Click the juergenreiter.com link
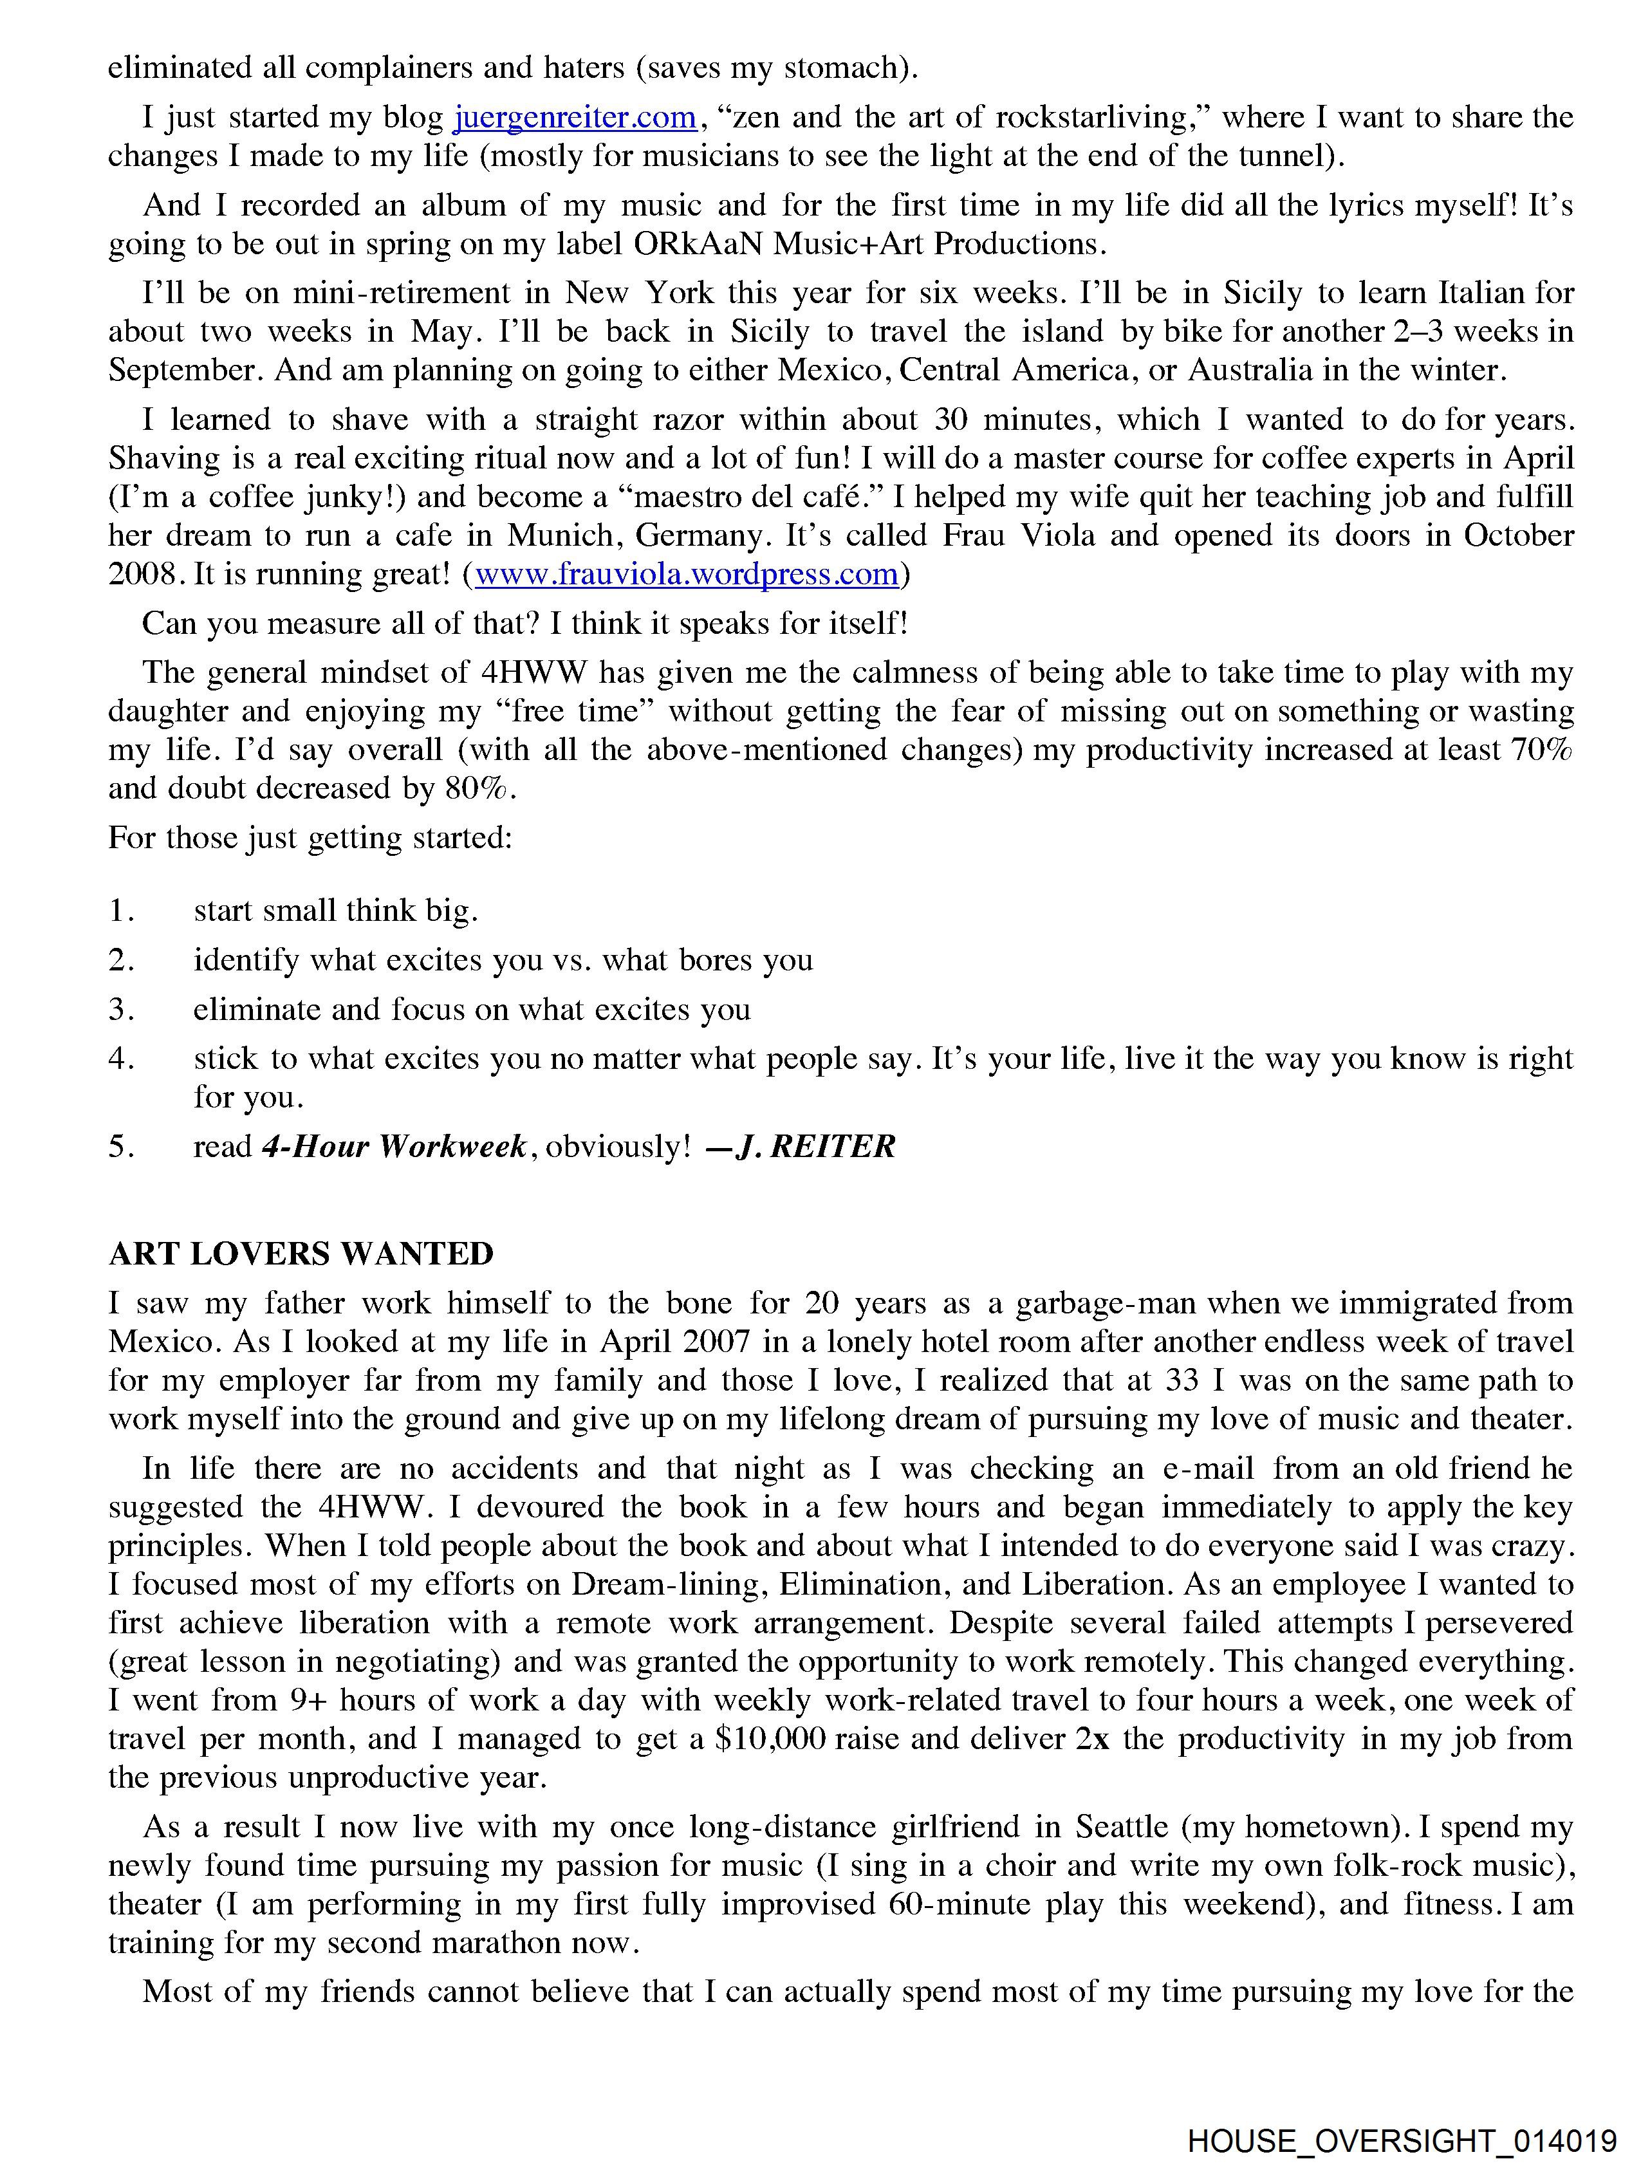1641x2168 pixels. pos(575,118)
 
